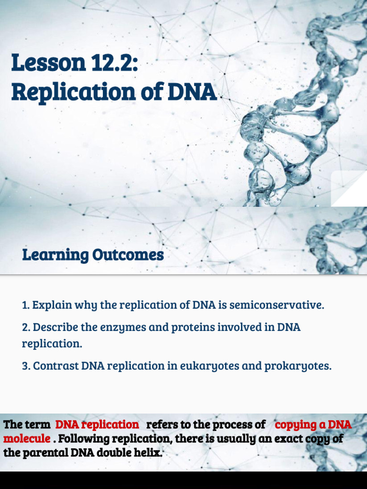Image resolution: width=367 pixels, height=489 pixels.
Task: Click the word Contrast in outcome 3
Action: click(55, 366)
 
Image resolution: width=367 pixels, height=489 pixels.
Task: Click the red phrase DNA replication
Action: click(97, 425)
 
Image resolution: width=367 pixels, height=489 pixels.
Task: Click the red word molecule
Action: click(27, 438)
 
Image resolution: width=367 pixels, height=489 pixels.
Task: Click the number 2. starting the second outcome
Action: click(26, 328)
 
